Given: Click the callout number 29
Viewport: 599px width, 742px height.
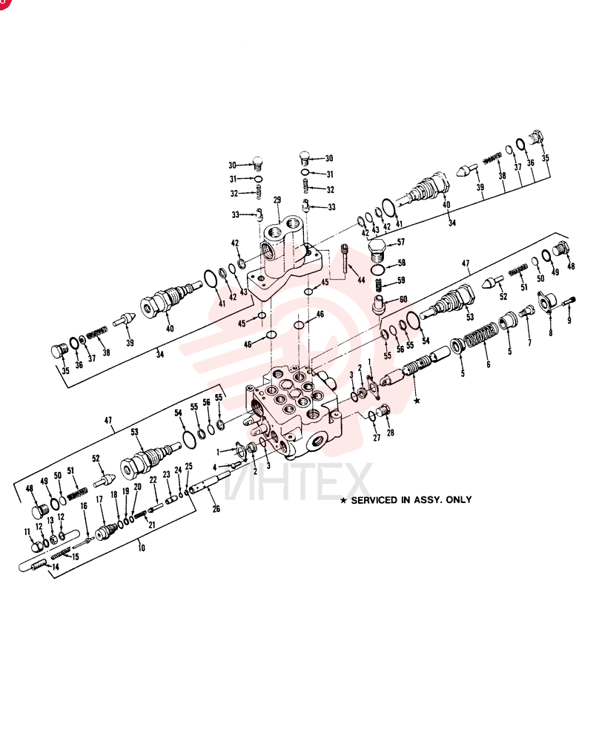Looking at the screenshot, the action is (x=277, y=200).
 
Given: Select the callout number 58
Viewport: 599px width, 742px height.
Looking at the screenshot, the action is (x=401, y=263).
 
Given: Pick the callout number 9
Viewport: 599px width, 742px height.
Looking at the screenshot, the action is (x=569, y=321).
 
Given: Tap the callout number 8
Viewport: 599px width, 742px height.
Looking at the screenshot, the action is (x=550, y=332).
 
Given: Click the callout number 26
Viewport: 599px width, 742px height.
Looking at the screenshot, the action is (x=216, y=509).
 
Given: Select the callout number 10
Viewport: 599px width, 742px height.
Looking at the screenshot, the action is (x=142, y=548).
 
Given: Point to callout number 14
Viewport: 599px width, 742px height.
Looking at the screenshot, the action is (x=56, y=566).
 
